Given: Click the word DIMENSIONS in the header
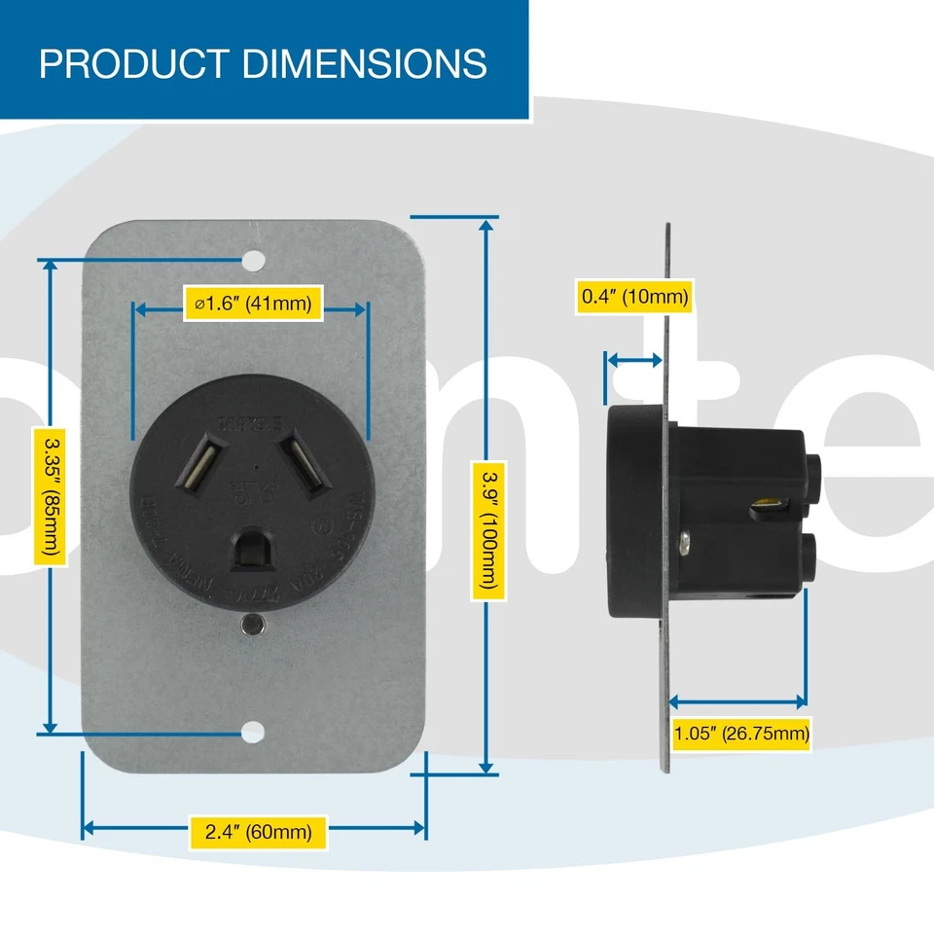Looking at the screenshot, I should (363, 63).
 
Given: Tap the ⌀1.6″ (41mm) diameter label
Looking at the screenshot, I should (252, 304).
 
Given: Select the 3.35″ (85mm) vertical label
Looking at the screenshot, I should (50, 496).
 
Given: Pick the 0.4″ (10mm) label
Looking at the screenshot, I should (634, 296).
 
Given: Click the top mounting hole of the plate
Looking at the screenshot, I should (253, 261).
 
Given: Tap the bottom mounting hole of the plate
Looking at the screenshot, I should (253, 733).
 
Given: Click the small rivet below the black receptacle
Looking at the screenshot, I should (253, 624).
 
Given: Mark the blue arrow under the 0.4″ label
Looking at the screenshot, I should (633, 360).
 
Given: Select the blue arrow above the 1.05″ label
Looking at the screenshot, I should (739, 700).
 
